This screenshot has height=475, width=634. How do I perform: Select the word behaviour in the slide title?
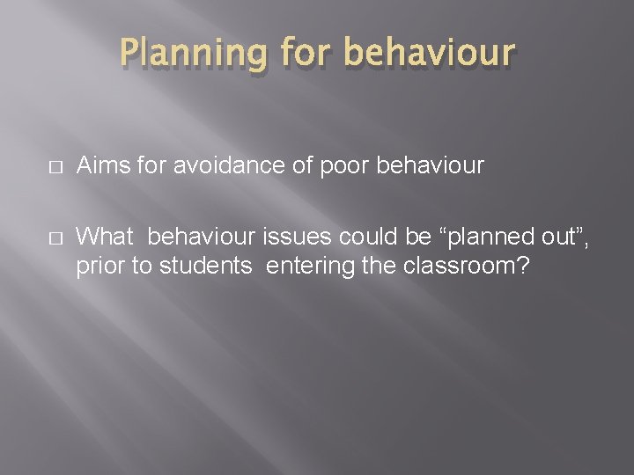click(428, 53)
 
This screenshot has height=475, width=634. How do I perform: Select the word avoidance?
click(207, 166)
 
